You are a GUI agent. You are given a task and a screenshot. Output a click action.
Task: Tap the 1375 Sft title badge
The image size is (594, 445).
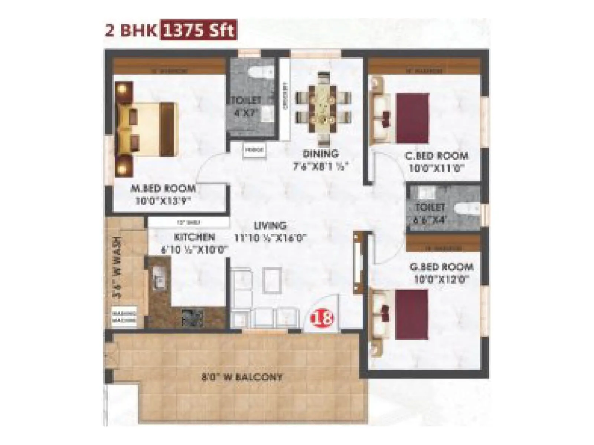point(198,31)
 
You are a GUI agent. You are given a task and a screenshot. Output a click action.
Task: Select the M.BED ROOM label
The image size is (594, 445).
point(163,188)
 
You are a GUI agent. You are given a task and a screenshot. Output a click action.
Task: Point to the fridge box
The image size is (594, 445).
point(255,150)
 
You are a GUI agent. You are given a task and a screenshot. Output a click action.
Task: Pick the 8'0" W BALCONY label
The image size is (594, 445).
point(242,377)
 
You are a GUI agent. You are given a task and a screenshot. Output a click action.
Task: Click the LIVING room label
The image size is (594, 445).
point(270,225)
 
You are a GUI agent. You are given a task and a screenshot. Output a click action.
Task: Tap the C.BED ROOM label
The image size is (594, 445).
point(437,156)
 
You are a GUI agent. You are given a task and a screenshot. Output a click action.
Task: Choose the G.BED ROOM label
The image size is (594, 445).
point(441,267)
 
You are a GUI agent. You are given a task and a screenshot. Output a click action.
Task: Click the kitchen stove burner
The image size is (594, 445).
point(192,316)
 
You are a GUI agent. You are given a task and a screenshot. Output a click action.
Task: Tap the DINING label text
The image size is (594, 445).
point(321,154)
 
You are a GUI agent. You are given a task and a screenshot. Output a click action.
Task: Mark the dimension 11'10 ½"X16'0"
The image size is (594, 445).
point(270,238)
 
